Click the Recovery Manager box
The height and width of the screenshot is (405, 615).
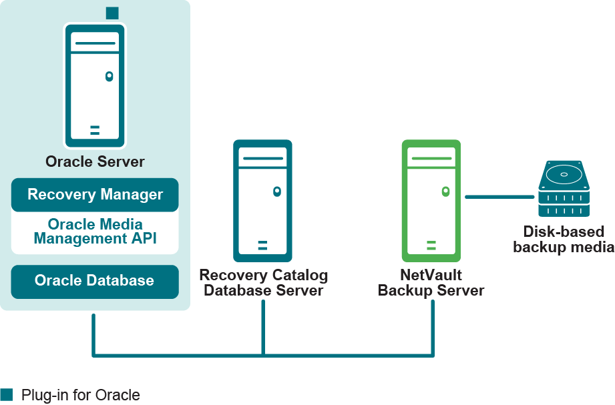click(95, 195)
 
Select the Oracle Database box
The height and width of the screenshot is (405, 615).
click(95, 281)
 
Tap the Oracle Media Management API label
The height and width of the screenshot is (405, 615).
click(95, 232)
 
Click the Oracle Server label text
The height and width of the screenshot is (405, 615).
click(95, 161)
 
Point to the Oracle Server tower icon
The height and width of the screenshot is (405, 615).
click(95, 85)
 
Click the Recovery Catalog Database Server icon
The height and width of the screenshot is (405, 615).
click(262, 200)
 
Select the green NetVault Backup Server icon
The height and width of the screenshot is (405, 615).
click(431, 200)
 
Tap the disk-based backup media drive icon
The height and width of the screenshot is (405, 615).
click(564, 189)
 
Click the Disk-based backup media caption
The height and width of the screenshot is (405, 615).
click(563, 240)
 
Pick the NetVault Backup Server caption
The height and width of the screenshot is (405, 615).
click(431, 282)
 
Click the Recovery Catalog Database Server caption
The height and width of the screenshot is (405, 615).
click(263, 282)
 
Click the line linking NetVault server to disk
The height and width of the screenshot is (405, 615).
click(501, 197)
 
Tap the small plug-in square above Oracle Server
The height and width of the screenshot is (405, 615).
click(112, 13)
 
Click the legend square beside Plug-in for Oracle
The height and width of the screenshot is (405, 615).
click(7, 394)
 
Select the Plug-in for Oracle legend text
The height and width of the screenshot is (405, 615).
click(81, 395)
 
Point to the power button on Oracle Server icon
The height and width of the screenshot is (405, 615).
click(109, 77)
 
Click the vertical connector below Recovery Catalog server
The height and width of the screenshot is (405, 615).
click(263, 327)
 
